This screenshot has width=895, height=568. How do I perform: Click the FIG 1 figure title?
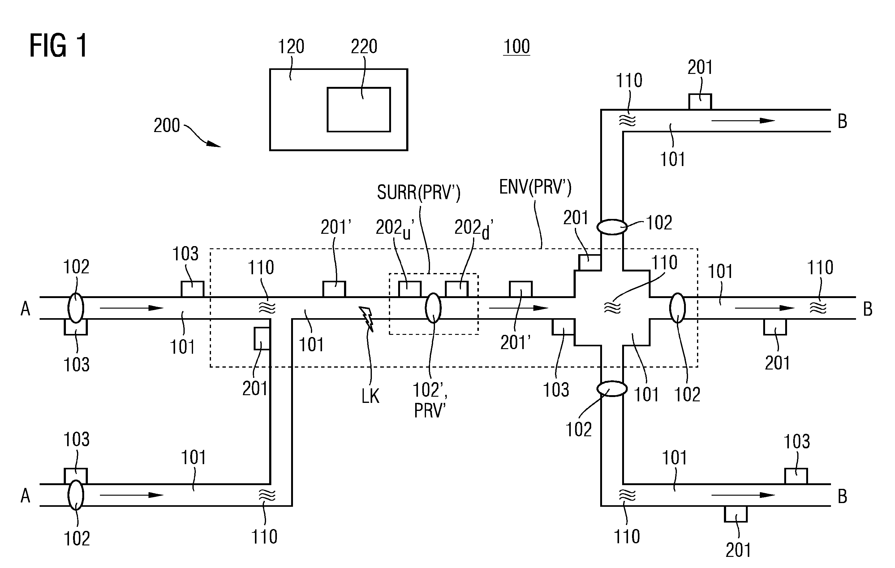(x=58, y=45)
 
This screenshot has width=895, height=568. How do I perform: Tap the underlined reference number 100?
(x=516, y=47)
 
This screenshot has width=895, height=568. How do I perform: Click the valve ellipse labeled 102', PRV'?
(x=433, y=308)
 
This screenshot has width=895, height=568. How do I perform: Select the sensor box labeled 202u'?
(x=410, y=289)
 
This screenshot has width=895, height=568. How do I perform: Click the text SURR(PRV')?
(x=419, y=192)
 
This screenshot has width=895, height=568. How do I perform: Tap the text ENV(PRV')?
(x=535, y=187)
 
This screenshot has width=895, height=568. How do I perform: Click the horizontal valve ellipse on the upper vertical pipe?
(x=612, y=227)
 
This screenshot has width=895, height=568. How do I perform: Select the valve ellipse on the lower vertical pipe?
(x=612, y=389)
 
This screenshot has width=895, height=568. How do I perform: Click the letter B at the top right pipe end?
(x=842, y=122)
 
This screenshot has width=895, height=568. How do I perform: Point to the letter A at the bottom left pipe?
(x=25, y=496)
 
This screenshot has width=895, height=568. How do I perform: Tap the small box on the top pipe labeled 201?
(x=700, y=102)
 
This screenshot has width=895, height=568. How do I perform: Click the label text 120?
(x=291, y=47)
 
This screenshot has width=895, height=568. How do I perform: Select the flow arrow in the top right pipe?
(x=743, y=121)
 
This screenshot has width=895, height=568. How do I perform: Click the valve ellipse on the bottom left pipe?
(x=76, y=495)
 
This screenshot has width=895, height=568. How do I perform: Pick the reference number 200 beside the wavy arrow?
(x=167, y=126)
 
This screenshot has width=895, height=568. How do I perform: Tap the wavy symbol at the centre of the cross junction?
(x=612, y=308)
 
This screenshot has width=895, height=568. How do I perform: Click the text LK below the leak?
(x=370, y=397)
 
